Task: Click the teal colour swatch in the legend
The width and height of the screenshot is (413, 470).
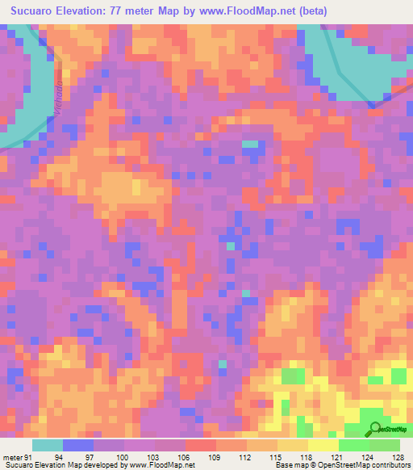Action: (47, 444)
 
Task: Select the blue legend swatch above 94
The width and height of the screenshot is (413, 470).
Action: (77, 444)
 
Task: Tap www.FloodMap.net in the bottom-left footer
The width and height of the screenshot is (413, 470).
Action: (164, 465)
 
